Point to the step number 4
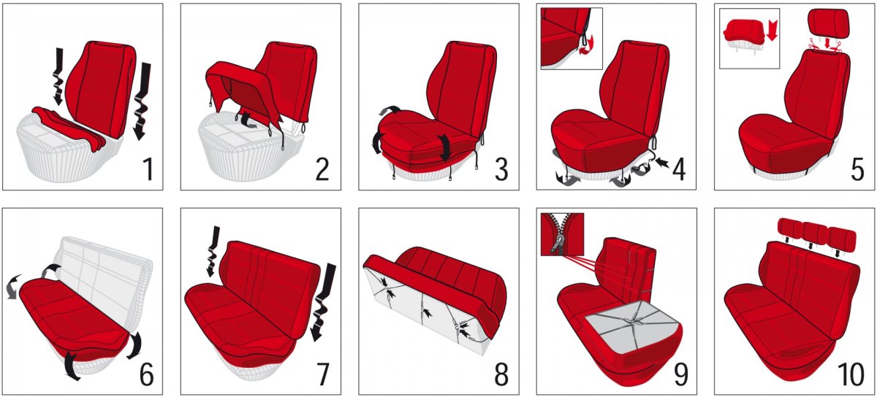679,170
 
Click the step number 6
147,374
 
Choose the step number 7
322,374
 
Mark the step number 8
501,374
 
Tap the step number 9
681,374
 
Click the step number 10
852,374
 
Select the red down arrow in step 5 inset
772,31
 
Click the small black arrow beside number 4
662,162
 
